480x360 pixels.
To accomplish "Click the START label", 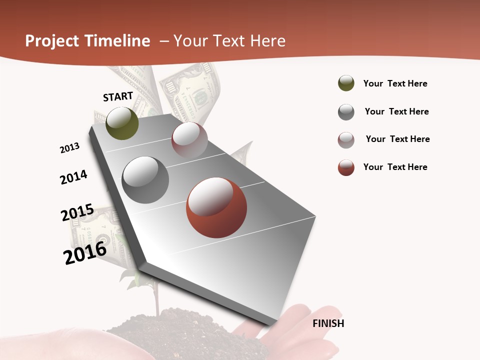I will click(118, 96).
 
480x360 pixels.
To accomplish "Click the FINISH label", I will click(328, 323).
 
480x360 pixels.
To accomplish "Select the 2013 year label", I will click(69, 148).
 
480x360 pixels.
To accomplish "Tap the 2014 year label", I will click(73, 177).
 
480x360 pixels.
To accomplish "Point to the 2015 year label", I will click(77, 212).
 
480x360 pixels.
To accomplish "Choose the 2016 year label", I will click(85, 253).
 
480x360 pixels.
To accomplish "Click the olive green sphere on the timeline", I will click(122, 123).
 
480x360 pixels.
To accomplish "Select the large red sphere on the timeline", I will click(216, 207).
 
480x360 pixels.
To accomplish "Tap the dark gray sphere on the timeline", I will click(145, 180).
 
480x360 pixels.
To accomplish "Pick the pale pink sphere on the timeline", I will click(189, 140).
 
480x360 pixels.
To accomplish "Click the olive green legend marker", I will click(346, 83).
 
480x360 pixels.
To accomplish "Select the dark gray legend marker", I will click(346, 112).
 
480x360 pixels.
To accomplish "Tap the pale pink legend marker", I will click(346, 140).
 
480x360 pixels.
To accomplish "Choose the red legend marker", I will click(346, 167).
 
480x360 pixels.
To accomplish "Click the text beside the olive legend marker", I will click(395, 84).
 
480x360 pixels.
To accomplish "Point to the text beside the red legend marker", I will click(395, 167).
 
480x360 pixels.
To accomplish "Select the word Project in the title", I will click(52, 41).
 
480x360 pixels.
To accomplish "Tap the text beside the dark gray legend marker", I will click(396, 111).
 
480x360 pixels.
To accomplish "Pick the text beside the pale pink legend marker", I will click(397, 139).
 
